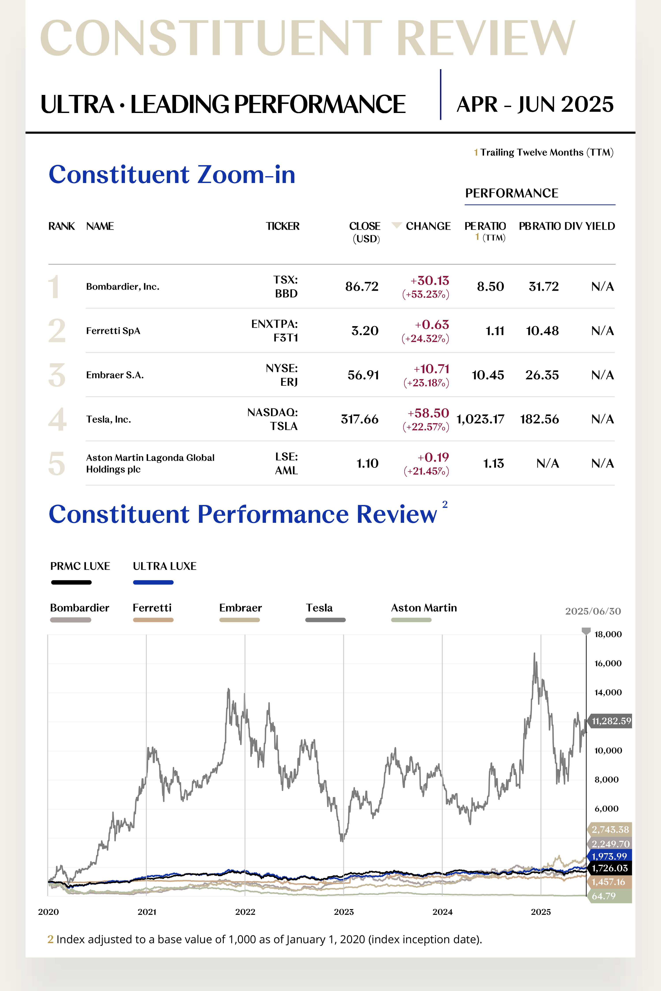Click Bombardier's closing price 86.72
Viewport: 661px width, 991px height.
click(x=362, y=287)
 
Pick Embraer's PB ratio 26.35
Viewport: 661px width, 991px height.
click(x=542, y=375)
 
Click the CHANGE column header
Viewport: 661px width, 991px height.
click(x=428, y=226)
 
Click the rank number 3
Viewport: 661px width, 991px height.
click(x=57, y=375)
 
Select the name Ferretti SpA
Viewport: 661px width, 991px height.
click(x=113, y=331)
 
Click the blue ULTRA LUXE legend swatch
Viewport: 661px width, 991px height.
click(x=153, y=582)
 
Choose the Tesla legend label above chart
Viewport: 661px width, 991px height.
click(x=319, y=608)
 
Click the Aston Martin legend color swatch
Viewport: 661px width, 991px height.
click(x=411, y=620)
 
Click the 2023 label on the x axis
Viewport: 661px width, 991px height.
click(x=343, y=912)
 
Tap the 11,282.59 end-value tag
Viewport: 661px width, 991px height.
click(x=611, y=721)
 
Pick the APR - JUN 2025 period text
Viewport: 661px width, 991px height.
click(x=535, y=104)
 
